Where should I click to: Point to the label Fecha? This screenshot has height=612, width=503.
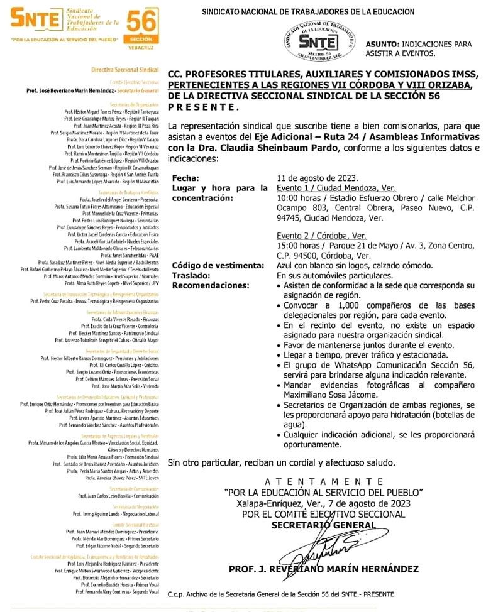pos(185,178)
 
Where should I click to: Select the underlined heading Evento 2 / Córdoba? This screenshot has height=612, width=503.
pos(321,236)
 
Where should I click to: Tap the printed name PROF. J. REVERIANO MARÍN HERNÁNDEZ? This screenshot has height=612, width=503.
pos(324,569)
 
